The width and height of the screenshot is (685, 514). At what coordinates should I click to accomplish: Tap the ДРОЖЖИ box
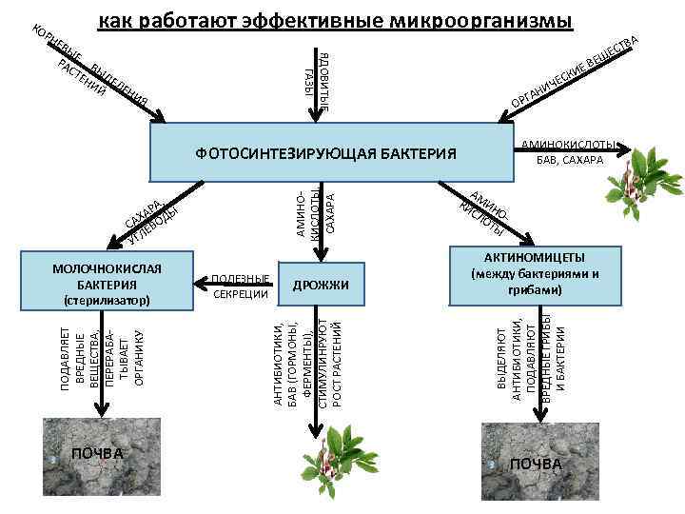(321, 285)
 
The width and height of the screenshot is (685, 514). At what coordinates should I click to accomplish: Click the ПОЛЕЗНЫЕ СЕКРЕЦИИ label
(241, 286)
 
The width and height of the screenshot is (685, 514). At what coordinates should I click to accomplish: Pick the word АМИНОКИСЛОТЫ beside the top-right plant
(568, 145)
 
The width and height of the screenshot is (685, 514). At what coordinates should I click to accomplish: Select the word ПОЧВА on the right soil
(536, 464)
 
